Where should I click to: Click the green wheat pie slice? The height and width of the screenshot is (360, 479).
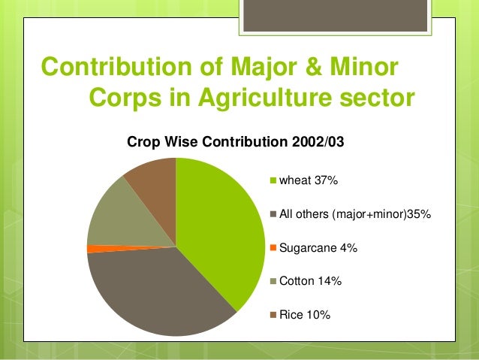coord(221,225)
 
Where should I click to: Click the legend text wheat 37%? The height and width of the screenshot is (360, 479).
coord(309,180)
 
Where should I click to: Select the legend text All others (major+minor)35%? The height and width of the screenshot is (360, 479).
coord(354,214)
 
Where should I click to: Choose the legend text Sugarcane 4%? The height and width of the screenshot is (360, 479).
coord(318,247)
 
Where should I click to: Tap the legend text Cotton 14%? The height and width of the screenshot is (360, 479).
coord(310,281)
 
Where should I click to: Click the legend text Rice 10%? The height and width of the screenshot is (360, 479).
coord(305,314)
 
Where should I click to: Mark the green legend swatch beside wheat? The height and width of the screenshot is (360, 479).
coord(273,180)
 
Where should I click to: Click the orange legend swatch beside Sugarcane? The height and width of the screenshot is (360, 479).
coord(273,247)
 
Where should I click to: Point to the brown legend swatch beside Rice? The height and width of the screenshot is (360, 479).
coord(273,314)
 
